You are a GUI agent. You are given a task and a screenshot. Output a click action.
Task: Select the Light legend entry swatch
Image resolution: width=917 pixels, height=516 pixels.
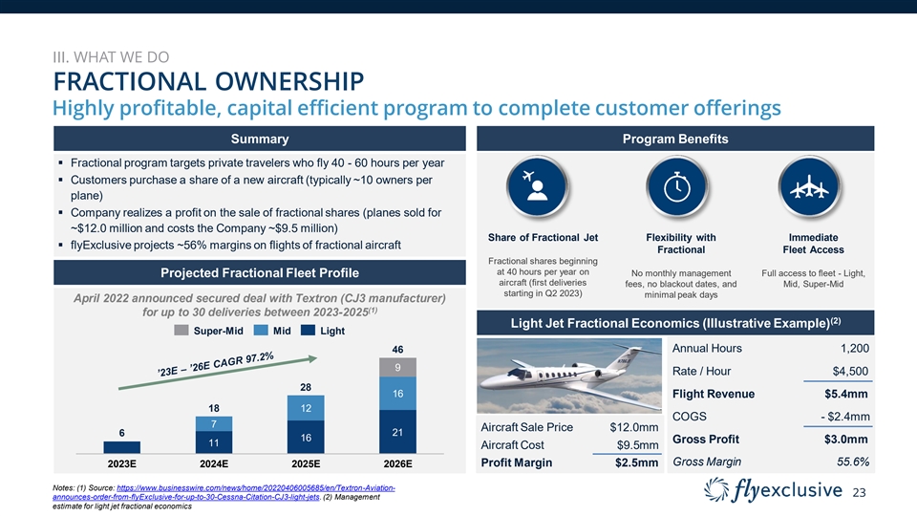tap(308, 332)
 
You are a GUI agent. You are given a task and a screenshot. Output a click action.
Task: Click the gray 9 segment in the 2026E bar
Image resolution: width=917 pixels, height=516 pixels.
tap(397, 368)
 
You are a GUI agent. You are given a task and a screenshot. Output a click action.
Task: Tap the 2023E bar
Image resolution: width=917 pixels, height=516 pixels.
tap(121, 446)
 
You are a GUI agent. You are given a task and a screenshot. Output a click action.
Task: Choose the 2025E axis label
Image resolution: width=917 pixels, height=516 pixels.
tap(306, 464)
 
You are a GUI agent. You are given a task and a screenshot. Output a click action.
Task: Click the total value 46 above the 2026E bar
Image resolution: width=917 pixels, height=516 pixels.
tap(397, 351)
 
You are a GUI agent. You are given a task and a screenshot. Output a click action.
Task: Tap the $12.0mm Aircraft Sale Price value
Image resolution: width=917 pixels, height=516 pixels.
tap(634, 427)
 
